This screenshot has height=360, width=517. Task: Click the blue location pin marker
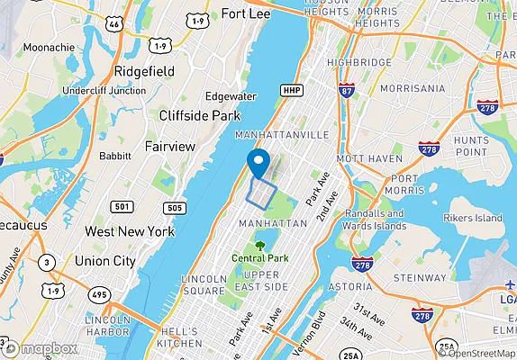click(258, 162)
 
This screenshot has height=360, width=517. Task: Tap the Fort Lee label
click(246, 14)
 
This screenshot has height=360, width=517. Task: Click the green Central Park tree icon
click(259, 243)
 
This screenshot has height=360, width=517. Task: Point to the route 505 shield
click(177, 209)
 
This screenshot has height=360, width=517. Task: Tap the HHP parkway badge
click(291, 91)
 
